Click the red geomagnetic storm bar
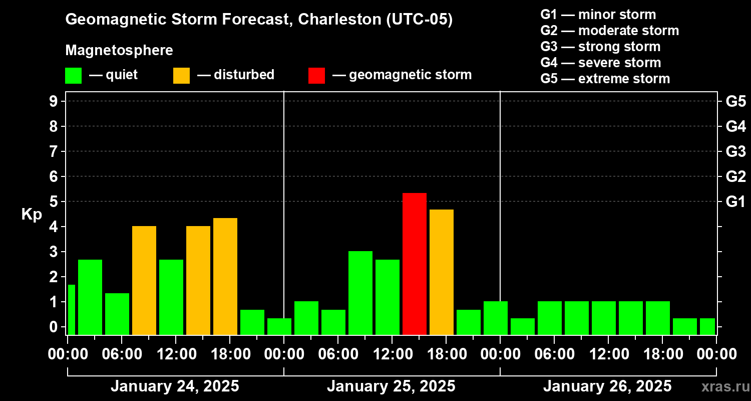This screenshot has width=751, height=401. pyautogui.click(x=415, y=264)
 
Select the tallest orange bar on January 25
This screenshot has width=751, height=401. pyautogui.click(x=442, y=272)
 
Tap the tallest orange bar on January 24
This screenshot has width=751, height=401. pyautogui.click(x=225, y=276)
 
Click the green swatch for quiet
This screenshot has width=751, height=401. pyautogui.click(x=73, y=75)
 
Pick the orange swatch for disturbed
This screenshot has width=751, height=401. pyautogui.click(x=181, y=75)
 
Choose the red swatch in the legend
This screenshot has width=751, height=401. pyautogui.click(x=316, y=75)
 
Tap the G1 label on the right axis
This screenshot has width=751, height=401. pyautogui.click(x=735, y=202)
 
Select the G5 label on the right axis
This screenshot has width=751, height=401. pyautogui.click(x=735, y=102)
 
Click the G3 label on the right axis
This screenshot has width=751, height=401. pyautogui.click(x=735, y=152)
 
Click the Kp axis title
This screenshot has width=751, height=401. pyautogui.click(x=32, y=214)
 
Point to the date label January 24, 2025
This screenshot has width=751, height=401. pyautogui.click(x=175, y=386)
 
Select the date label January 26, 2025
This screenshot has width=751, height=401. pyautogui.click(x=607, y=386)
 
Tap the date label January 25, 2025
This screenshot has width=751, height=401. pyautogui.click(x=391, y=386)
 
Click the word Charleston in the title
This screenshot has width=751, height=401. pyautogui.click(x=340, y=20)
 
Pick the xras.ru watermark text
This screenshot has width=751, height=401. pyautogui.click(x=723, y=387)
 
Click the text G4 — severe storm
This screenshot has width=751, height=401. pyautogui.click(x=601, y=63)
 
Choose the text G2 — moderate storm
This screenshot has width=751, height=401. pyautogui.click(x=610, y=31)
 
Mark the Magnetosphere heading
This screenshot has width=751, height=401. pyautogui.click(x=119, y=51)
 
